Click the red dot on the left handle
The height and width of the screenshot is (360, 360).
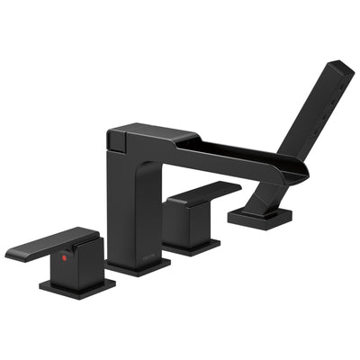[x=63, y=257]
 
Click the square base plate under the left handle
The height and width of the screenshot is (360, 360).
[x=76, y=287]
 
